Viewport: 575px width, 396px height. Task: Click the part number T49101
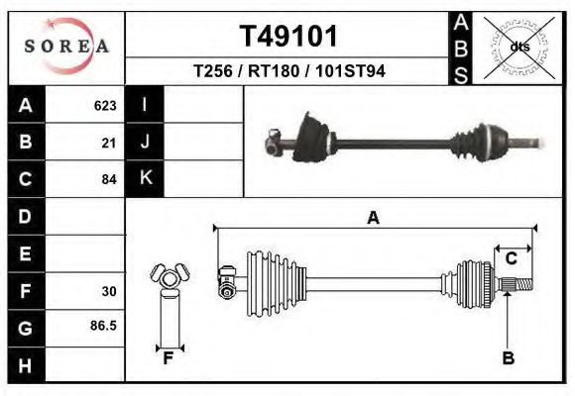click(x=288, y=37)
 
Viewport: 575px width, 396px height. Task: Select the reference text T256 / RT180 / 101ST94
click(x=288, y=72)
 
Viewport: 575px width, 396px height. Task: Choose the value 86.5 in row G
click(x=104, y=325)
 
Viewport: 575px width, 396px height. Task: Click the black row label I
click(x=145, y=105)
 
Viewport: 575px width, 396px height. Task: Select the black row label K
click(x=145, y=179)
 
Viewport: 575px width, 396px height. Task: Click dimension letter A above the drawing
click(x=373, y=218)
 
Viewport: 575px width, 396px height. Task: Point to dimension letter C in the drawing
click(x=512, y=258)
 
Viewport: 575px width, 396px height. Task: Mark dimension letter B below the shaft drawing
click(x=508, y=358)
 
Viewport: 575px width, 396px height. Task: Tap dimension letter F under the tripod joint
click(x=169, y=358)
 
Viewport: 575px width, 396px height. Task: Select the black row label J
click(x=145, y=143)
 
